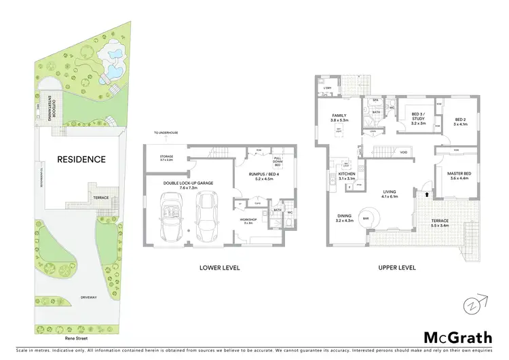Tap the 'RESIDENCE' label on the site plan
[81, 160]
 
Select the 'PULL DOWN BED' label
[277, 162]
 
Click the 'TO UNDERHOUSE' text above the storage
[164, 134]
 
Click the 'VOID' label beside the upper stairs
[403, 152]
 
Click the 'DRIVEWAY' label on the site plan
[88, 297]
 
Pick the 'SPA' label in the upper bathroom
[374, 100]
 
